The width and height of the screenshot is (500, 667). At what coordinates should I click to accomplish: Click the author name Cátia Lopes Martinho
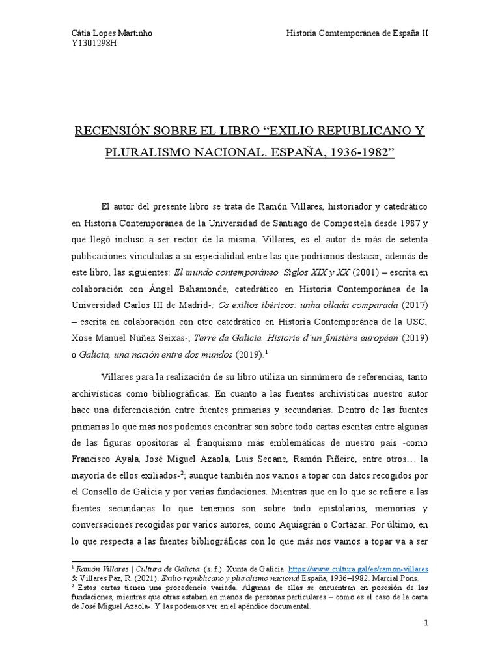pyautogui.click(x=111, y=33)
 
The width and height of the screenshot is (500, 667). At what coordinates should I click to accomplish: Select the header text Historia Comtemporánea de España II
pyautogui.click(x=357, y=33)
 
